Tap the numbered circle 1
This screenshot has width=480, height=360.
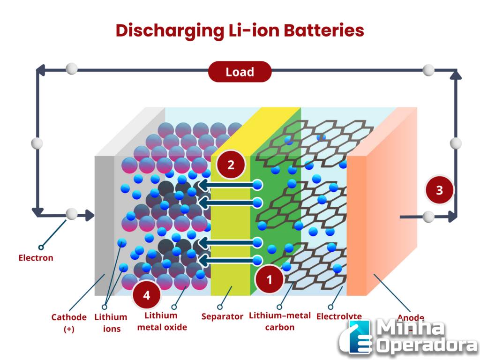269,280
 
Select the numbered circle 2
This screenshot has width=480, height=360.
231,165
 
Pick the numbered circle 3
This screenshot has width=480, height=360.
439,190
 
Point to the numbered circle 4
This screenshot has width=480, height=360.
147,295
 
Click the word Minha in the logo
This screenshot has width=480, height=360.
411,328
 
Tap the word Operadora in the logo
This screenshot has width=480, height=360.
427,345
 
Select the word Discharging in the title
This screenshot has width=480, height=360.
169,31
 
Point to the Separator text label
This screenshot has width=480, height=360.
222,317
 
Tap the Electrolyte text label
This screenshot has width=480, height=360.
338,317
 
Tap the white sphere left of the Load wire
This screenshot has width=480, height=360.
72,70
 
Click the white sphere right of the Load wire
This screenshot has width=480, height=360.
428,71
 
